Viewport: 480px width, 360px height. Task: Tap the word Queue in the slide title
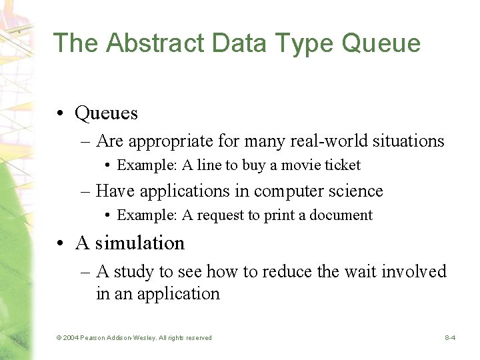click(381, 43)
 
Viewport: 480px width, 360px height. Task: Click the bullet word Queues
click(107, 113)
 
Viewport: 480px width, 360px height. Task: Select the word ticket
click(343, 165)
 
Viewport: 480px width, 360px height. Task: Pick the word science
click(358, 191)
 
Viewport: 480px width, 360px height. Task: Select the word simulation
click(140, 243)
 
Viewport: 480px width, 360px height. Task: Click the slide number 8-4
click(450, 338)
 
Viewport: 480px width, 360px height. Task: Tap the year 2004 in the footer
click(70, 338)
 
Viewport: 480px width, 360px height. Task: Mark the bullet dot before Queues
click(61, 114)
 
